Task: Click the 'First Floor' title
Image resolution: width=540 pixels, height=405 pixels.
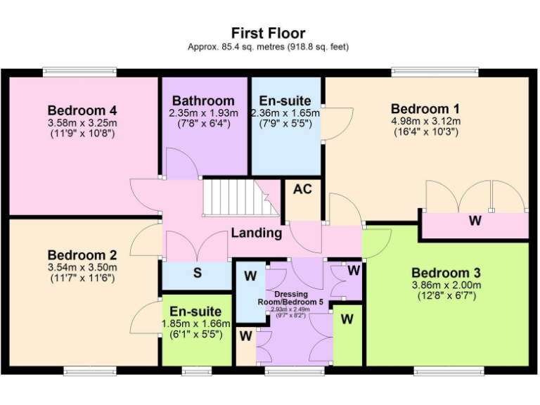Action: [269, 33]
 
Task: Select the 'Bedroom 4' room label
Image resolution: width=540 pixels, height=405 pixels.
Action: [82, 110]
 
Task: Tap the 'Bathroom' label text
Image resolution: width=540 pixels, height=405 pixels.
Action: [203, 101]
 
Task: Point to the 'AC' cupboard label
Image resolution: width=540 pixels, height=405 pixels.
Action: [302, 190]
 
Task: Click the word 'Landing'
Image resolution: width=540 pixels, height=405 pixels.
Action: [258, 233]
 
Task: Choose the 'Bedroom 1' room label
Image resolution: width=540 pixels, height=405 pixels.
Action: [425, 109]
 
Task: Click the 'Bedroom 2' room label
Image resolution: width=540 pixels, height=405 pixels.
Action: [82, 255]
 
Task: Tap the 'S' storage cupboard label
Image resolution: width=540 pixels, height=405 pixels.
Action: [198, 273]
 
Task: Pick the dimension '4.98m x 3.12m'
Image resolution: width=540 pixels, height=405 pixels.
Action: [425, 121]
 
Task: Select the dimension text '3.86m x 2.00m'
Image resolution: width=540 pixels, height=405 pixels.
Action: [446, 285]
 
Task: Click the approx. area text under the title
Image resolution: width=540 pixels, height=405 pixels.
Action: [269, 47]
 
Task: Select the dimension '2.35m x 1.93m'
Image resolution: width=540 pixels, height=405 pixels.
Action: [203, 113]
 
